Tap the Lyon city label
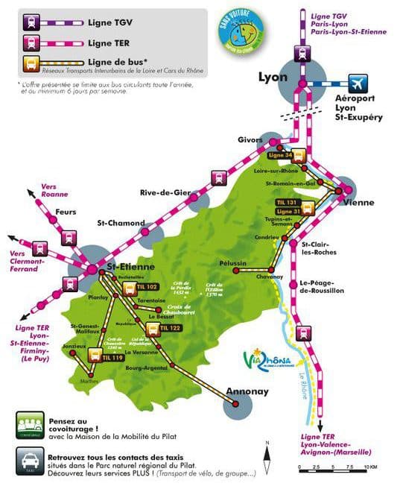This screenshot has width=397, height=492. pyautogui.click(x=273, y=76)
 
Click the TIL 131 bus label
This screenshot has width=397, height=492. pyautogui.click(x=287, y=202)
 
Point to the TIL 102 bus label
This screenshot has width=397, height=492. pyautogui.click(x=147, y=286)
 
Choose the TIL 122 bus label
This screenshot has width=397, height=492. pyautogui.click(x=170, y=327)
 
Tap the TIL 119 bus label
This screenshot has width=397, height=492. pyautogui.click(x=112, y=358)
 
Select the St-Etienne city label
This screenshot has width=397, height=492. pyautogui.click(x=130, y=267)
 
